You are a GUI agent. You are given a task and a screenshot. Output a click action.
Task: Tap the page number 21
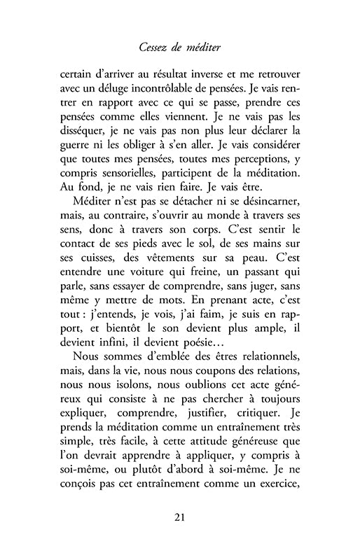[180, 517]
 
